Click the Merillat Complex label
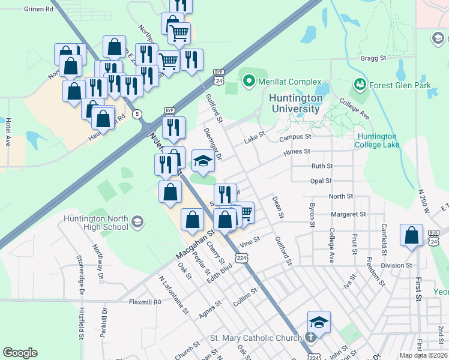(290, 82)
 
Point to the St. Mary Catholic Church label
(255, 338)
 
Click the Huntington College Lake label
(377, 140)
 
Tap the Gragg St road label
(374, 58)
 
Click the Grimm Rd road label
(38, 10)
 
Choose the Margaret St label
(348, 214)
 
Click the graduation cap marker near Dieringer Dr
(203, 161)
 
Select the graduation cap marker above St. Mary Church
(319, 322)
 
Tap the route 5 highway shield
(138, 114)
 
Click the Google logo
(20, 353)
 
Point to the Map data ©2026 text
(423, 355)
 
